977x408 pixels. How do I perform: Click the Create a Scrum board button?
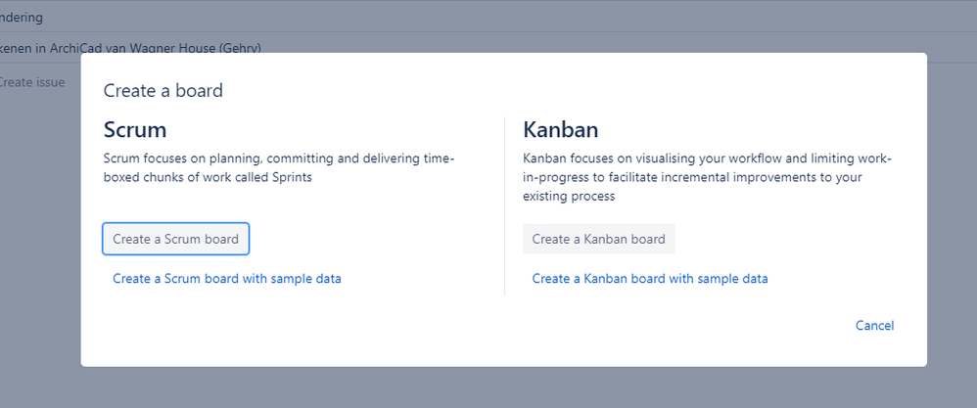pyautogui.click(x=176, y=239)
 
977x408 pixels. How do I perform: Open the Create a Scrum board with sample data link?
pyautogui.click(x=226, y=279)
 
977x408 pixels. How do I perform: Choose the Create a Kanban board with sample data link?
pyautogui.click(x=649, y=279)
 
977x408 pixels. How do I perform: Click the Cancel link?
pyautogui.click(x=874, y=326)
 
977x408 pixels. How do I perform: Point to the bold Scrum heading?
pyautogui.click(x=135, y=130)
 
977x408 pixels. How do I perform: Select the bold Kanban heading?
pyautogui.click(x=561, y=130)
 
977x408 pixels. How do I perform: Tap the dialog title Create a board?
pyautogui.click(x=163, y=91)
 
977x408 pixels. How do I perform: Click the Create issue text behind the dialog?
pyautogui.click(x=32, y=82)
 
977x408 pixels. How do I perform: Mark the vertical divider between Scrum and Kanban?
pyautogui.click(x=504, y=205)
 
